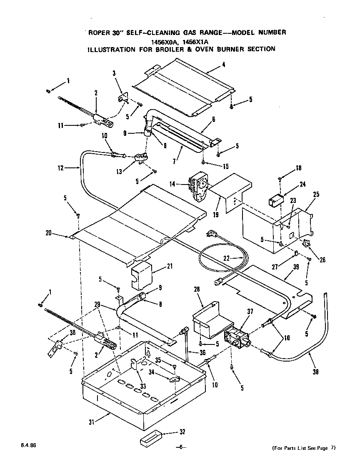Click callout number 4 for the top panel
[x=224, y=64]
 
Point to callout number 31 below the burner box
[x=92, y=422]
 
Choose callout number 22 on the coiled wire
[x=227, y=258]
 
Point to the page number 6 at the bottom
[x=180, y=447]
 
